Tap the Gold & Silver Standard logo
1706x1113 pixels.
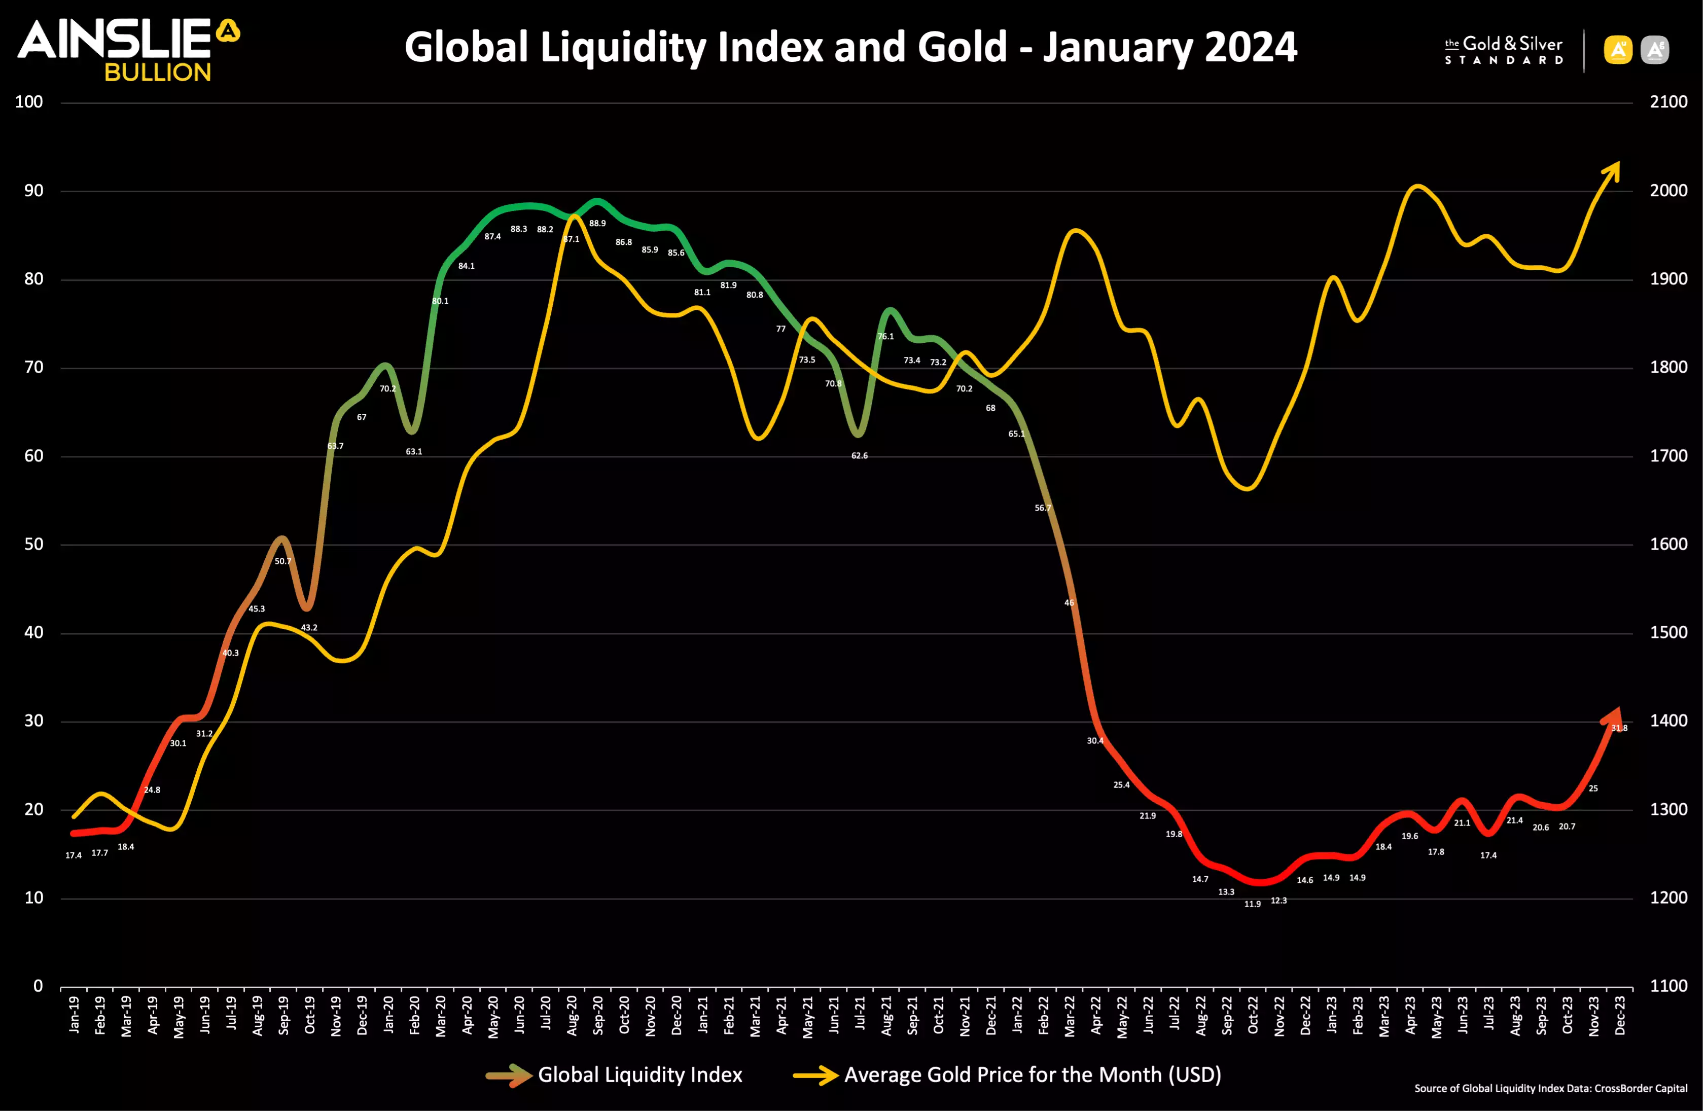coord(1503,50)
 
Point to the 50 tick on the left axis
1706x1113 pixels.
coord(33,544)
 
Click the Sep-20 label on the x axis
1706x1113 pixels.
coord(598,1014)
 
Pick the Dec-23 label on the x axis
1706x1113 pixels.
coord(1619,1014)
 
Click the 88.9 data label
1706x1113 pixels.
coord(597,224)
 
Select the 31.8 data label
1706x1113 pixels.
coord(1619,728)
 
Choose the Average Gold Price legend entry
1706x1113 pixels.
coord(1007,1075)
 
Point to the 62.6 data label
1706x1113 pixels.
coord(860,456)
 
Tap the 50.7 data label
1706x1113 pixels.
coord(283,561)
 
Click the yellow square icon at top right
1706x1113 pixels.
coord(1618,50)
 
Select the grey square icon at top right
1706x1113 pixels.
coord(1654,50)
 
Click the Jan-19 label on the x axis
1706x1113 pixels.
coord(74,1014)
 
